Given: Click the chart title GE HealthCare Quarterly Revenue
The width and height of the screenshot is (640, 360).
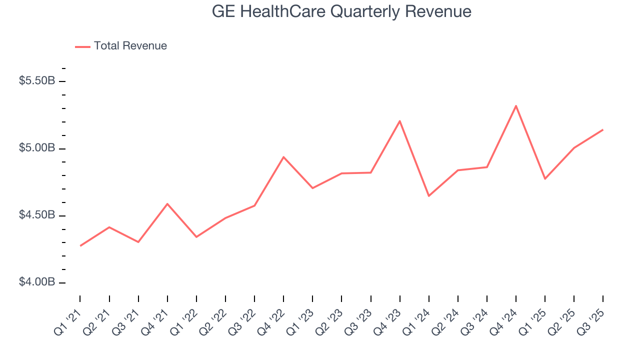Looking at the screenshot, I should click(x=341, y=11).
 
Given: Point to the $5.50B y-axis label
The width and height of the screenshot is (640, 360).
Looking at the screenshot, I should click(x=37, y=81).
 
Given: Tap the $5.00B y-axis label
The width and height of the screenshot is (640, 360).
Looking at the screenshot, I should click(x=37, y=148).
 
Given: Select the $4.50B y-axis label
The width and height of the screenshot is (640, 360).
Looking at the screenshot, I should click(x=37, y=215).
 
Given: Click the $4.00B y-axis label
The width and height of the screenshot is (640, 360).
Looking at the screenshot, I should click(x=37, y=282).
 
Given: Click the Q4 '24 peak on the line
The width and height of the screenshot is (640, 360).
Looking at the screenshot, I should click(x=516, y=105).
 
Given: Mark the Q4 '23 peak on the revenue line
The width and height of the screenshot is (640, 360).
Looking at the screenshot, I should click(x=400, y=121).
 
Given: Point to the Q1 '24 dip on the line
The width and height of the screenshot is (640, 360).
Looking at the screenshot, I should click(x=429, y=195).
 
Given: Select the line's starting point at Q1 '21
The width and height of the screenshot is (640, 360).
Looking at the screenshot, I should click(x=80, y=245).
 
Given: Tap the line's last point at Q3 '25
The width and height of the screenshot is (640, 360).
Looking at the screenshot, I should click(x=602, y=130).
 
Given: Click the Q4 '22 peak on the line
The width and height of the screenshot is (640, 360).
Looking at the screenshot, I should click(x=283, y=157).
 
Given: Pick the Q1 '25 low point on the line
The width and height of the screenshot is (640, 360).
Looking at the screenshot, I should click(x=545, y=178).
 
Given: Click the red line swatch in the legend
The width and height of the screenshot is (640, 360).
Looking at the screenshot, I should click(x=82, y=46).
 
